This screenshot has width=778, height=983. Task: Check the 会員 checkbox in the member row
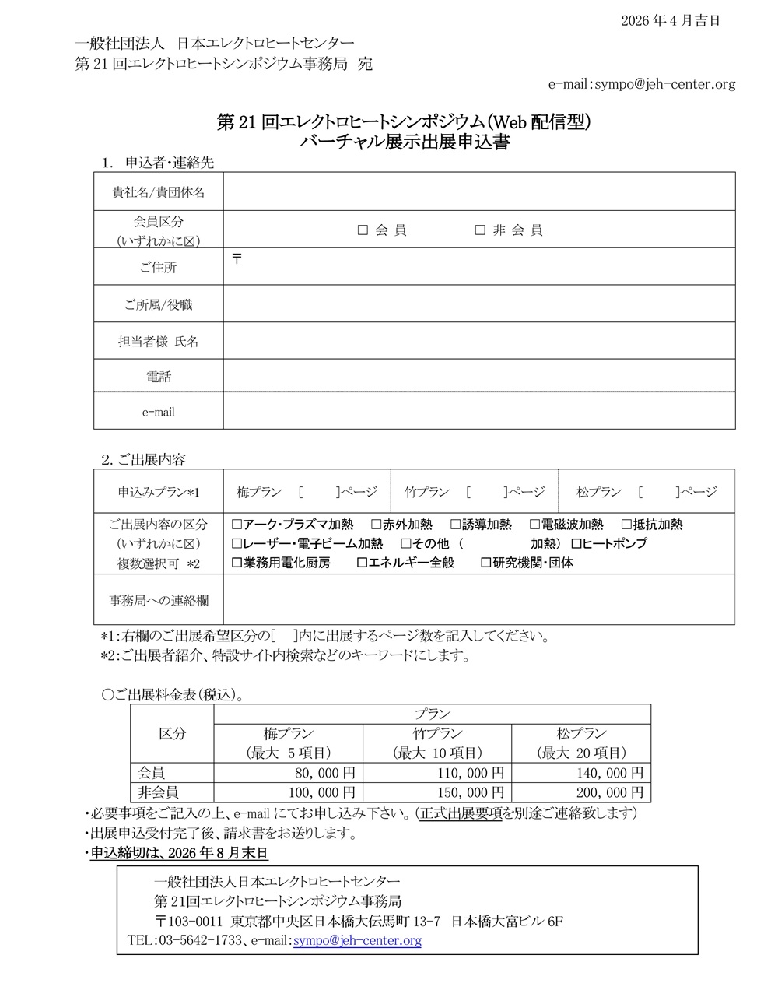[x=363, y=230]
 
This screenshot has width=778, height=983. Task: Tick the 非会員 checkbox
[x=480, y=230]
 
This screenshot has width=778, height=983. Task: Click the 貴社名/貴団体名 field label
[x=159, y=191]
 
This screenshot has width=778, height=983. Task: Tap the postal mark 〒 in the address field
[x=237, y=258]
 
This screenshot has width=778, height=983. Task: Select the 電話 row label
[x=159, y=377]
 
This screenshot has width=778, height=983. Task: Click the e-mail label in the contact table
[x=159, y=412]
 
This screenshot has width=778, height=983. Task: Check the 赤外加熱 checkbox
[x=376, y=525]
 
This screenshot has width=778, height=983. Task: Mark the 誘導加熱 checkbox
[x=456, y=525]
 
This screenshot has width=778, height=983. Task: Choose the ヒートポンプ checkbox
[x=576, y=543]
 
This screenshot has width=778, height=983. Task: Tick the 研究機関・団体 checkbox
[x=486, y=562]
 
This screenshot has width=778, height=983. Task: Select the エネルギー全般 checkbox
[x=362, y=562]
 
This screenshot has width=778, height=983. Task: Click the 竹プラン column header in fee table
[x=437, y=733]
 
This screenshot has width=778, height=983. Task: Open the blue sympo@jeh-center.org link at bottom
[x=357, y=941]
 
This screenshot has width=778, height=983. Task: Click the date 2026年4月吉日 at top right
[x=671, y=21]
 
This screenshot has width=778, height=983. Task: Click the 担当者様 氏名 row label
[x=159, y=342]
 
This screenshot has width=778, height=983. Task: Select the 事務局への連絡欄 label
[x=159, y=600]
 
